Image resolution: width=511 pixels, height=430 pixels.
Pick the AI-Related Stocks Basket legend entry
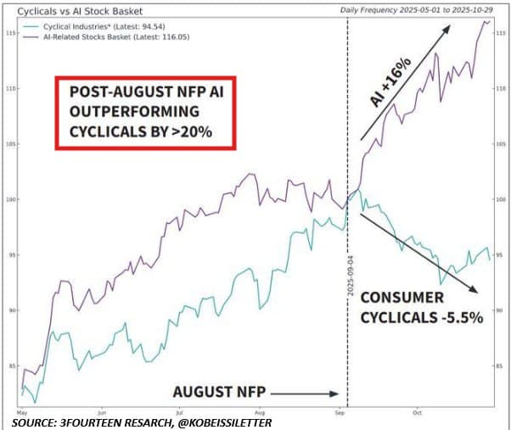(110, 39)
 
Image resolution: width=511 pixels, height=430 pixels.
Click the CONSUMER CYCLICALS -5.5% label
(422, 306)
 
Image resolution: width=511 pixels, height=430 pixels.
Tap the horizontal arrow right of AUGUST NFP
(306, 393)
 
